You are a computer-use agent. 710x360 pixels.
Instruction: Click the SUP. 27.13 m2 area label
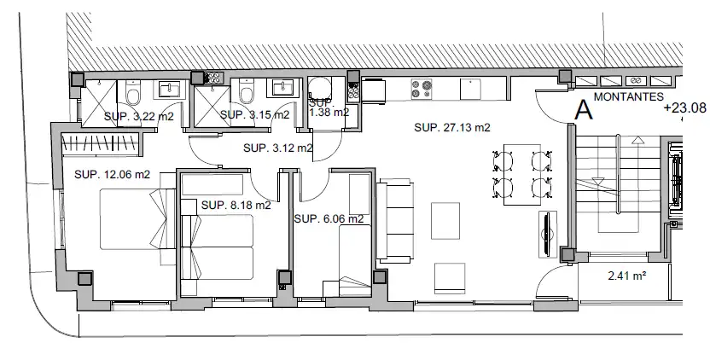point(452,128)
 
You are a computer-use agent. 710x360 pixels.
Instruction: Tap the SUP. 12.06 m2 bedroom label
point(112,174)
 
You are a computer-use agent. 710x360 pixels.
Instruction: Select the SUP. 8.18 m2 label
point(236,205)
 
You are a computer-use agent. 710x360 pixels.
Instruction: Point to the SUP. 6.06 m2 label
point(329,219)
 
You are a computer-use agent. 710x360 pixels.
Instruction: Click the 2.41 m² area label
point(626,276)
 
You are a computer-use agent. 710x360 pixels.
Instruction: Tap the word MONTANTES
point(628,96)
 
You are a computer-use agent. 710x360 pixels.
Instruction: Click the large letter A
point(583,110)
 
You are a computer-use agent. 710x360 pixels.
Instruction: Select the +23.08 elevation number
point(684,107)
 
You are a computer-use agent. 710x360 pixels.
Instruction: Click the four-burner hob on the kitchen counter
point(421,90)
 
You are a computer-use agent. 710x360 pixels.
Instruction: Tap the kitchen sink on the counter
point(470,90)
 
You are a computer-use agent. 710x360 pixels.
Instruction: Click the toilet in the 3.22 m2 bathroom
point(133,93)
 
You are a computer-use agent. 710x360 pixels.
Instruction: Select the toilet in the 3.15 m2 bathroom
point(247,92)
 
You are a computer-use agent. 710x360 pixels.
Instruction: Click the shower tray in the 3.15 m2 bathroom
point(212,107)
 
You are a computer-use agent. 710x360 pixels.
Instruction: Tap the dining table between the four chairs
point(522,174)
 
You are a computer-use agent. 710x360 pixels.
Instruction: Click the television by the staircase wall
point(548,235)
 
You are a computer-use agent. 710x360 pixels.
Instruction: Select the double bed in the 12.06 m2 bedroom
point(137,219)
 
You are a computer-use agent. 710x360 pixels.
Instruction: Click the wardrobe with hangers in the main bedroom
point(100,144)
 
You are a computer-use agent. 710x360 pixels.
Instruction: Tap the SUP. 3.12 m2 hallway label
point(278,148)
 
